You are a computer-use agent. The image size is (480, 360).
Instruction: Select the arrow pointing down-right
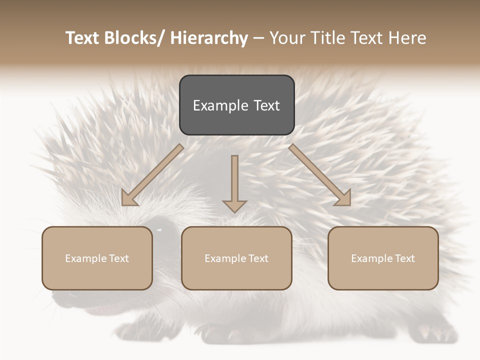320,175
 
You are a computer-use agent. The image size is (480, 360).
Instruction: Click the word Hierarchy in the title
209,38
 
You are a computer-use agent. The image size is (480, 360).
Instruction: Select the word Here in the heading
408,38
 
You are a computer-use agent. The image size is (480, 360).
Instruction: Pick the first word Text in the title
83,38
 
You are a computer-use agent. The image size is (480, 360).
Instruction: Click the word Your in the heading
288,38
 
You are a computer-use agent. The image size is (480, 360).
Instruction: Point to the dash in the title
258,38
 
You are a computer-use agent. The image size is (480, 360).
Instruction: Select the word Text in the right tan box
404,258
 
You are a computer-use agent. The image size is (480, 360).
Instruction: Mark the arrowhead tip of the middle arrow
234,212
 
